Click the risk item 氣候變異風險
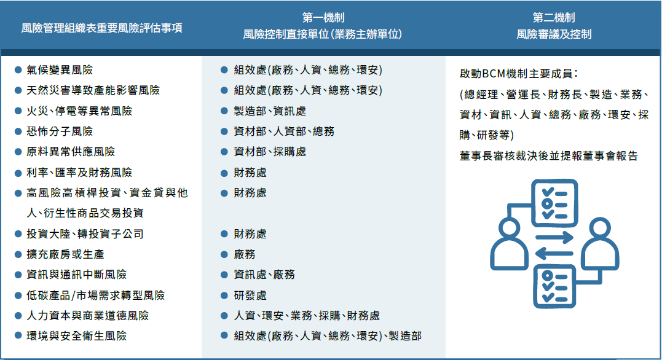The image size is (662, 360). [60, 69]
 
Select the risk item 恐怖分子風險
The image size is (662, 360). [60, 131]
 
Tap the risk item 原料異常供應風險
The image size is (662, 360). [71, 152]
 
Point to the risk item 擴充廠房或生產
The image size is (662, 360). [65, 254]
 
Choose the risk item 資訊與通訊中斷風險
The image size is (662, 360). [76, 275]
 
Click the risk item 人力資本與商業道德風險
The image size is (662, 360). [87, 315]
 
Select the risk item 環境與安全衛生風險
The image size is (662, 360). [76, 335]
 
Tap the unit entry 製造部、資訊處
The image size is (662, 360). [270, 111]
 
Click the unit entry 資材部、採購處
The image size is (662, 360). [270, 152]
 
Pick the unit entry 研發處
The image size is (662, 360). [250, 295]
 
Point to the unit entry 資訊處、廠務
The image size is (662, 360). [264, 275]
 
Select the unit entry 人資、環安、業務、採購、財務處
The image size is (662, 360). [307, 315]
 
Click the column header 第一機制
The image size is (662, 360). [323, 18]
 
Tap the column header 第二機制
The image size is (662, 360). [554, 18]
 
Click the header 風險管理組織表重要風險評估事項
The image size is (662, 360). [102, 28]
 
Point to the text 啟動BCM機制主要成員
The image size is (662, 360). [516, 74]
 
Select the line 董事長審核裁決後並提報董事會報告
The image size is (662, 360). [548, 155]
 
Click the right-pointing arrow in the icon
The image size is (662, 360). [554, 237]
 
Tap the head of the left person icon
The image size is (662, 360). [509, 229]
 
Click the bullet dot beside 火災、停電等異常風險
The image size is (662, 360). [18, 111]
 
